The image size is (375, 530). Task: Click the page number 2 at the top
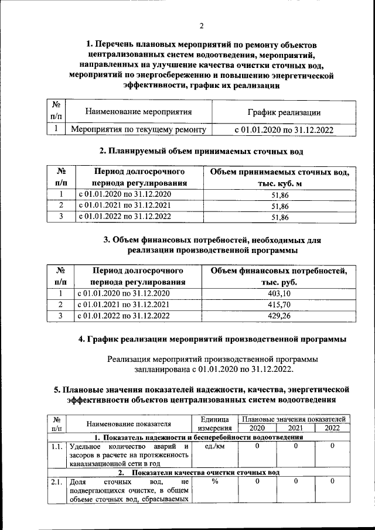pyautogui.click(x=201, y=25)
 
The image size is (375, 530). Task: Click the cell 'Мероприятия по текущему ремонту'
pyautogui.click(x=138, y=130)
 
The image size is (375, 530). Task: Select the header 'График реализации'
pyautogui.click(x=284, y=112)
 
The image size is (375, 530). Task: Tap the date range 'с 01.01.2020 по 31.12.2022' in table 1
pyautogui.click(x=284, y=130)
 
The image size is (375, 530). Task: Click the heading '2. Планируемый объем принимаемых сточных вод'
pyautogui.click(x=201, y=152)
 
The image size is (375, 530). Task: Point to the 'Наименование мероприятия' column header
pyautogui.click(x=138, y=111)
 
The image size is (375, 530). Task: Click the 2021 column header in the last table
pyautogui.click(x=295, y=428)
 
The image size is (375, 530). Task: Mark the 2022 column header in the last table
pyautogui.click(x=332, y=428)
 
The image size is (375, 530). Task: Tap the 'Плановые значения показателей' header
pyautogui.click(x=295, y=419)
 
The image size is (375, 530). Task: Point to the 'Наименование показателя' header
pyautogui.click(x=128, y=423)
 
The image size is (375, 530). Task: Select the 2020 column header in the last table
pyautogui.click(x=257, y=428)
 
